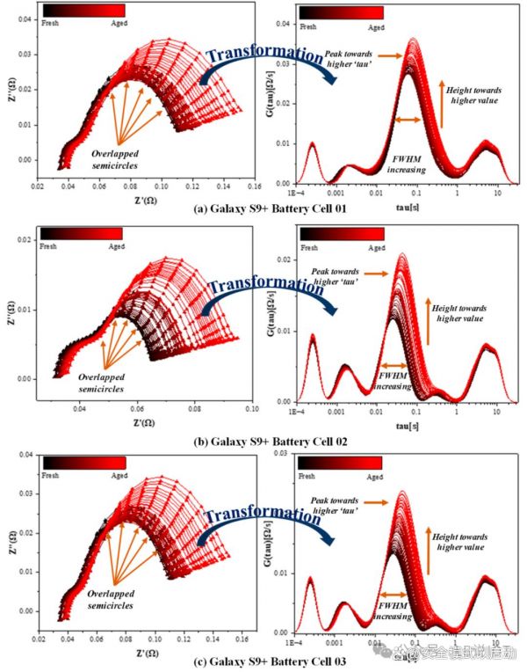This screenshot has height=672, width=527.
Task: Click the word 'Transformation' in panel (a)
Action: (264, 55)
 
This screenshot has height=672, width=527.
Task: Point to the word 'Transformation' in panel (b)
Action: (263, 285)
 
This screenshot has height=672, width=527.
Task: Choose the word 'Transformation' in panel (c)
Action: (263, 516)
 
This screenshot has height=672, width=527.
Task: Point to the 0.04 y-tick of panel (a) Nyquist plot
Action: (27, 18)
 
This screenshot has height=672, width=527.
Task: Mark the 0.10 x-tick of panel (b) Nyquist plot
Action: (251, 409)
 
